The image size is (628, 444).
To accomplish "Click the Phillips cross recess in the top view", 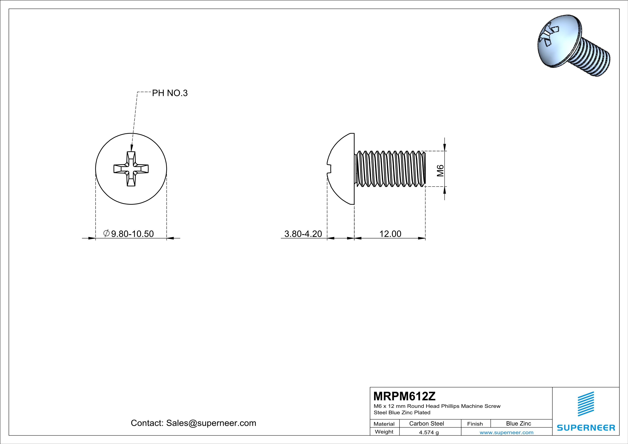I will coord(131,169).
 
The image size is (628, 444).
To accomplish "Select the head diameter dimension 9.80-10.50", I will coord(132,234).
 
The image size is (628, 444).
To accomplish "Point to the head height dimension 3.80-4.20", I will coord(303,234).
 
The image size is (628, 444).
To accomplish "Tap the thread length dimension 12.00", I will coord(390,234).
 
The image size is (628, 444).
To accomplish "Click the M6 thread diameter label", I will coord(440,171).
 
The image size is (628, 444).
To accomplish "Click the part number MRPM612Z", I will coord(404,396).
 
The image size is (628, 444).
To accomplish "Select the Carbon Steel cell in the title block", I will coord(426,423).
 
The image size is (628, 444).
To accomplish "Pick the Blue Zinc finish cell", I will coord(518,423).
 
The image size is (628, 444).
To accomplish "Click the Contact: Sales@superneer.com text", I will coord(193,423).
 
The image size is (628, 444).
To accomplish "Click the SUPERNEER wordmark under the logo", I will coord(586,428).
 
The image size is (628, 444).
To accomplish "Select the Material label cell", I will coord(384,424).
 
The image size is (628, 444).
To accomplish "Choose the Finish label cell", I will coord(475,424).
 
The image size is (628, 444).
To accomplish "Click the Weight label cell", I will coord(384,432).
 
